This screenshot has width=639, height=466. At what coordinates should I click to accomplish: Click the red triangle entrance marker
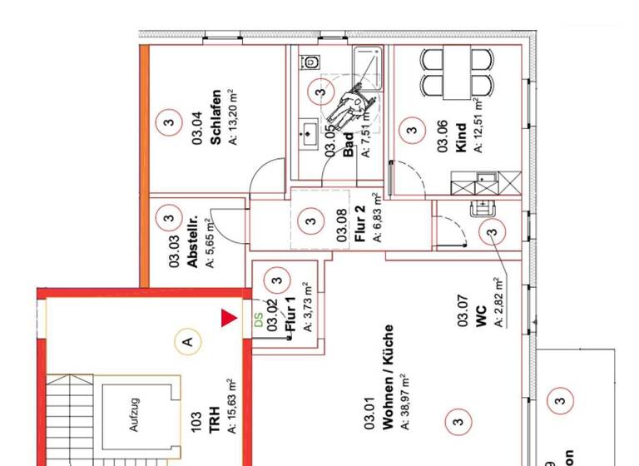(227, 318)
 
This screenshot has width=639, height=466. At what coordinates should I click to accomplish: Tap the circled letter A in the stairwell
(189, 340)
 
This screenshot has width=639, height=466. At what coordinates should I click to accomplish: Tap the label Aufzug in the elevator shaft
(134, 416)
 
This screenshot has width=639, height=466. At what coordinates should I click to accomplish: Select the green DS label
(257, 320)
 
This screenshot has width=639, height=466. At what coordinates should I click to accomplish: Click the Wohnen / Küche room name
(388, 388)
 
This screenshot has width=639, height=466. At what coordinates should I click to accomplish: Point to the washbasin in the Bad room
(309, 131)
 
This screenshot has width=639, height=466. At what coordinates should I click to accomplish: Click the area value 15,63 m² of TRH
(233, 408)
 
